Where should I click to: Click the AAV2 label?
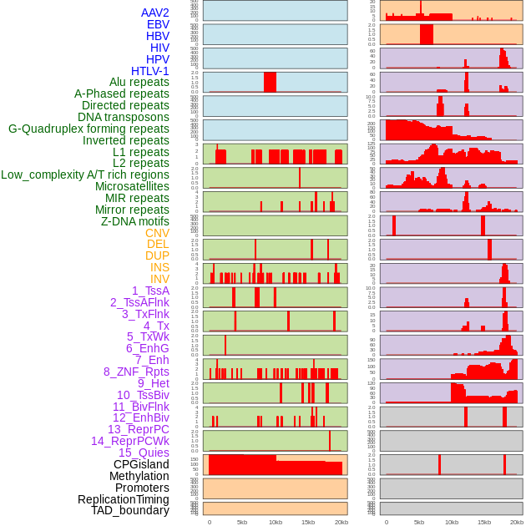tap(154, 13)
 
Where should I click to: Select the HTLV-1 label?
tap(149, 71)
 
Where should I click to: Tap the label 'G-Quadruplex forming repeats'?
tap(89, 129)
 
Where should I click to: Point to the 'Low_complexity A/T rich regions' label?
tap(85, 174)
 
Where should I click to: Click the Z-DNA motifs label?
tap(135, 221)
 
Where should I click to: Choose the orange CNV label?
tap(157, 233)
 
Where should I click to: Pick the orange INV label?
tap(159, 279)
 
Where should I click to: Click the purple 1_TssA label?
tap(150, 291)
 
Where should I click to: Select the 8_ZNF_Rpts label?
tap(136, 372)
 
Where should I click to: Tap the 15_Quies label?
tap(144, 453)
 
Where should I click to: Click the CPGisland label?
tap(141, 464)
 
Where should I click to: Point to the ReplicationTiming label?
tap(124, 499)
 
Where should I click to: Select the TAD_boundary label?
tap(130, 510)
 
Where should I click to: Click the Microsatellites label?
tap(132, 186)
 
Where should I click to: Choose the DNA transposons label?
tap(124, 117)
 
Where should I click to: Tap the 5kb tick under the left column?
tap(242, 522)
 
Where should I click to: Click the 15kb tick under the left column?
tap(308, 522)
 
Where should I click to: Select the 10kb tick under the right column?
tap(452, 522)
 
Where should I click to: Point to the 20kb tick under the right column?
tap(518, 522)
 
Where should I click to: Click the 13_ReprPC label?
tap(138, 429)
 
